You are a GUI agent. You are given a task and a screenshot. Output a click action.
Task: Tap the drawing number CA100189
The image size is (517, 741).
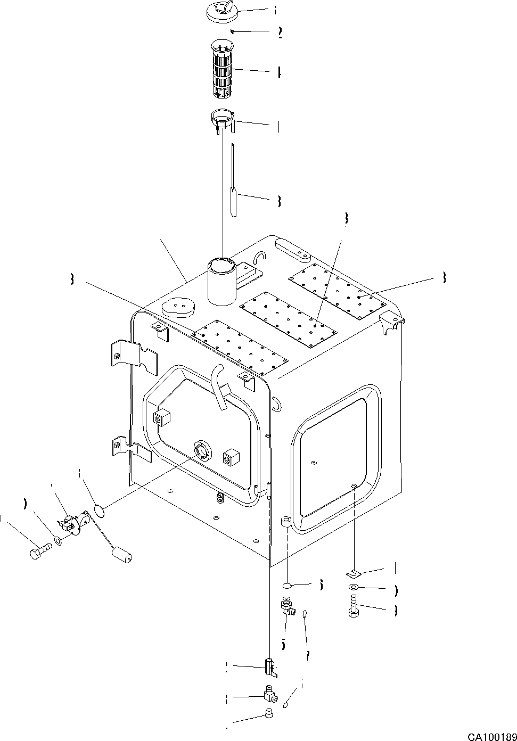(x=492, y=737)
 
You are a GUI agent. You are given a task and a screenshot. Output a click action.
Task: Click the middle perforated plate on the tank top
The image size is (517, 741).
(x=289, y=318)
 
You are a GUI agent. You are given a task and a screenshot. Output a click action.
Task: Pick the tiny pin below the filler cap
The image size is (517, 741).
(x=233, y=31)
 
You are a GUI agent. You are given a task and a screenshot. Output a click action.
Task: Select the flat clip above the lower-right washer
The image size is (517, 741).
(x=353, y=573)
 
